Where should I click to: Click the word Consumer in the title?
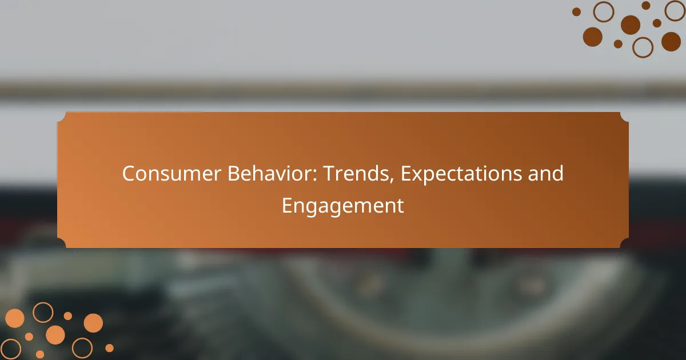pyautogui.click(x=171, y=174)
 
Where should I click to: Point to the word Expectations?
pyautogui.click(x=461, y=174)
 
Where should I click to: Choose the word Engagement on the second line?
pyautogui.click(x=342, y=206)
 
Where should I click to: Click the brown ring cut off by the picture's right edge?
pyautogui.click(x=676, y=11)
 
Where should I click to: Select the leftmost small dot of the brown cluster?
pyautogui.click(x=576, y=11)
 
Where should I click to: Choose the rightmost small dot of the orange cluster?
pyautogui.click(x=109, y=348)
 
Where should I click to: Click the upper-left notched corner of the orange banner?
pyautogui.click(x=62, y=117)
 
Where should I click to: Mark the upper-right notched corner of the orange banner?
pyautogui.click(x=624, y=117)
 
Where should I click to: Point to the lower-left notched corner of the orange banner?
pyautogui.click(x=62, y=243)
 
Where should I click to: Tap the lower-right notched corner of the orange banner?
pyautogui.click(x=624, y=243)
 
